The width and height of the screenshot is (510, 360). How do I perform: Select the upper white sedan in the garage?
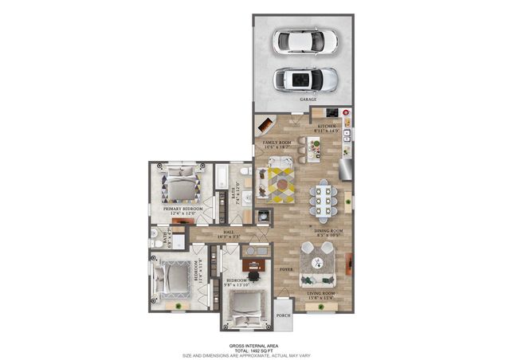point(304,41)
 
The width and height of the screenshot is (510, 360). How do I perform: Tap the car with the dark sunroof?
point(304,79)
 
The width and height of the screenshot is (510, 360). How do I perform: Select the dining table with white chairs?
point(326,199)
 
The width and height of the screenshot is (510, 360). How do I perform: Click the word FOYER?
point(286,269)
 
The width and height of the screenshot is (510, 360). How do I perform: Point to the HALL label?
point(228,231)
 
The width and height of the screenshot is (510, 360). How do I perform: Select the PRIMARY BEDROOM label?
point(183,209)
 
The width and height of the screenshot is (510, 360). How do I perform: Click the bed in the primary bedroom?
point(182,186)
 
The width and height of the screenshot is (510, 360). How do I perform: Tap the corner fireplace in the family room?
point(265,126)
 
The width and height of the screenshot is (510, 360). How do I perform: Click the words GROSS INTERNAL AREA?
point(254,345)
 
